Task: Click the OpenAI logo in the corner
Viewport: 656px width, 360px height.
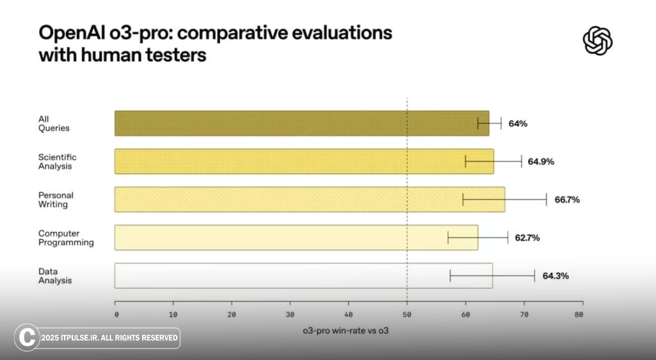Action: pyautogui.click(x=598, y=41)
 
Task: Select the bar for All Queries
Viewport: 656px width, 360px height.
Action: pyautogui.click(x=301, y=123)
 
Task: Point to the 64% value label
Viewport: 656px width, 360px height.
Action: pyautogui.click(x=518, y=124)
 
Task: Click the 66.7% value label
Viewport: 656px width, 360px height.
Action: pyautogui.click(x=567, y=200)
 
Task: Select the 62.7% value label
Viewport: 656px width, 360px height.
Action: pyautogui.click(x=527, y=238)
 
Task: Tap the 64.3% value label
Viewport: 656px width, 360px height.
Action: pyautogui.click(x=555, y=276)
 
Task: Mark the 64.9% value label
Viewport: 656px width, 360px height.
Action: pyautogui.click(x=541, y=162)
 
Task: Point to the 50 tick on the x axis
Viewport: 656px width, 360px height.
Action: pyautogui.click(x=407, y=315)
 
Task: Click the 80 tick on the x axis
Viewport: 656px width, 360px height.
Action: pyautogui.click(x=578, y=315)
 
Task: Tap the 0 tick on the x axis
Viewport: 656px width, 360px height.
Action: pyautogui.click(x=116, y=315)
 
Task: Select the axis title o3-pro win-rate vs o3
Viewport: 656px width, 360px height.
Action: pyautogui.click(x=346, y=331)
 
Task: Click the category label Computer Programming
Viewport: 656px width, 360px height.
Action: pyautogui.click(x=66, y=238)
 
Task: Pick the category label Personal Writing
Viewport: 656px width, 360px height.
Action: pyautogui.click(x=56, y=200)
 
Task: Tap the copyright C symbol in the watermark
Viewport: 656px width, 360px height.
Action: pyautogui.click(x=27, y=338)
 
